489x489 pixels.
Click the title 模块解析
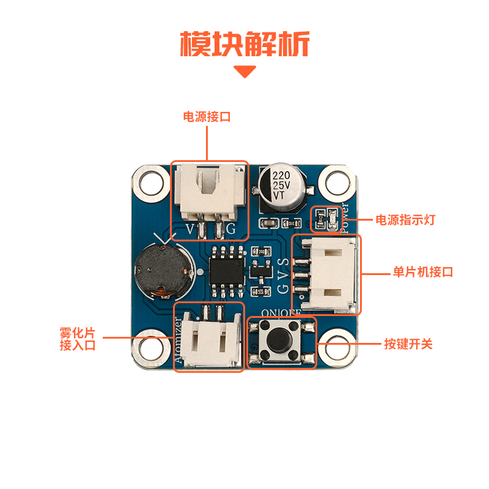(244, 43)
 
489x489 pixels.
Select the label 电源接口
(207, 117)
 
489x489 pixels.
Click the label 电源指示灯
(405, 219)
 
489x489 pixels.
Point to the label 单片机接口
(422, 272)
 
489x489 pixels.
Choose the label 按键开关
(408, 344)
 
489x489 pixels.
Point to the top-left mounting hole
(149, 183)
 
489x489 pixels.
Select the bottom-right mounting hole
(338, 347)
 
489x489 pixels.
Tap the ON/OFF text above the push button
(281, 312)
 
